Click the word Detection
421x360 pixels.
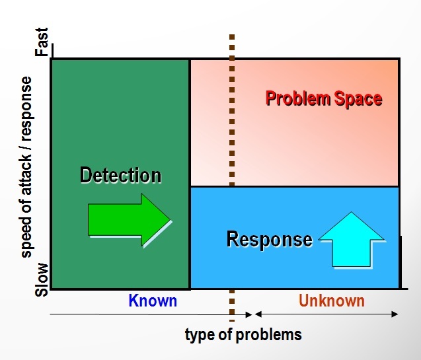click(121, 175)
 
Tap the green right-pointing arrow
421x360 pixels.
click(129, 220)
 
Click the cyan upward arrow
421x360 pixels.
click(352, 238)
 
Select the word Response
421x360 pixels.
click(270, 238)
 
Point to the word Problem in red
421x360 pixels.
click(298, 98)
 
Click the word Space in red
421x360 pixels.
click(358, 98)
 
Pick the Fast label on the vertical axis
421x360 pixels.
click(42, 42)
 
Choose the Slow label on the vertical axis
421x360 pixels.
click(42, 279)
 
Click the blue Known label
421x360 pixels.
click(153, 301)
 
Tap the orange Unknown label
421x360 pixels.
click(332, 301)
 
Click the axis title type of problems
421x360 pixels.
click(243, 334)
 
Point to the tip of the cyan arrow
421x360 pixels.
click(352, 212)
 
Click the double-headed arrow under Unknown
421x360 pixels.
click(326, 314)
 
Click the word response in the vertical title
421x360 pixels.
click(26, 108)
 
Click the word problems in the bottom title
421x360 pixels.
click(269, 335)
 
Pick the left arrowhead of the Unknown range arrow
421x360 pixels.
click(256, 314)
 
